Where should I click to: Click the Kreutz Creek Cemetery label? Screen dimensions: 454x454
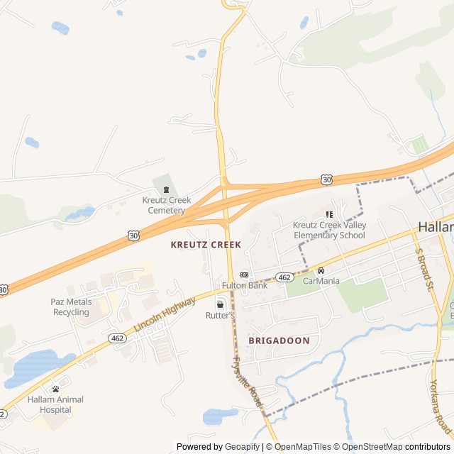pyautogui.click(x=167, y=205)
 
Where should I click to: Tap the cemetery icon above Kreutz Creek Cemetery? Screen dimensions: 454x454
pyautogui.click(x=167, y=189)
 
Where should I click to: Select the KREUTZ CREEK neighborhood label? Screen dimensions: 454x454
pyautogui.click(x=206, y=245)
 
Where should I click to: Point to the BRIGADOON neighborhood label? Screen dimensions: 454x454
pyautogui.click(x=279, y=340)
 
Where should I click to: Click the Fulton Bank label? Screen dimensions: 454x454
pyautogui.click(x=245, y=285)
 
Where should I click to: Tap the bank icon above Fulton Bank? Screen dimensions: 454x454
pyautogui.click(x=245, y=275)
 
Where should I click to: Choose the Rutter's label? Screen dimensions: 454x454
pyautogui.click(x=220, y=314)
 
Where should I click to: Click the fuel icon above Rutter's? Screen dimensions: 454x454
pyautogui.click(x=220, y=304)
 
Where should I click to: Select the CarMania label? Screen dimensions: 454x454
pyautogui.click(x=321, y=281)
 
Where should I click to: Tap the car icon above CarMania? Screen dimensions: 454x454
pyautogui.click(x=321, y=270)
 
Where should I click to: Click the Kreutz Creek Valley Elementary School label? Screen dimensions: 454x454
pyautogui.click(x=330, y=230)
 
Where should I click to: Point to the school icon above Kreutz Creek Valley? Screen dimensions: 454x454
pyautogui.click(x=329, y=214)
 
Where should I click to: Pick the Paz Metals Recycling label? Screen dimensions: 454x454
pyautogui.click(x=71, y=307)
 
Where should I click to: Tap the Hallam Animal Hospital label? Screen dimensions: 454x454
pyautogui.click(x=55, y=404)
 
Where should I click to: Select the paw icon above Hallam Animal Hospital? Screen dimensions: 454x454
pyautogui.click(x=55, y=389)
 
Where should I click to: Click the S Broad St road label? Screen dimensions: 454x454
pyautogui.click(x=423, y=270)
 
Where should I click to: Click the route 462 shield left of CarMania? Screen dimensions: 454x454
pyautogui.click(x=284, y=277)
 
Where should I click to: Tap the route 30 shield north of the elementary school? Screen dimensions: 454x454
pyautogui.click(x=326, y=180)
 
